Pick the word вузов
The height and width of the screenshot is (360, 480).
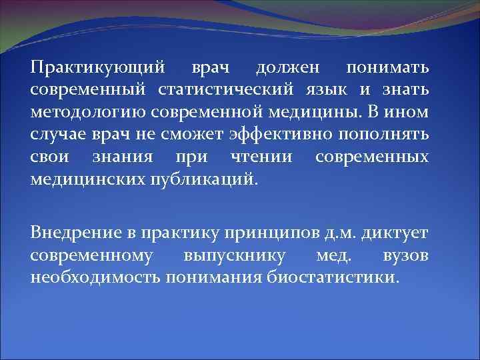[405, 255]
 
